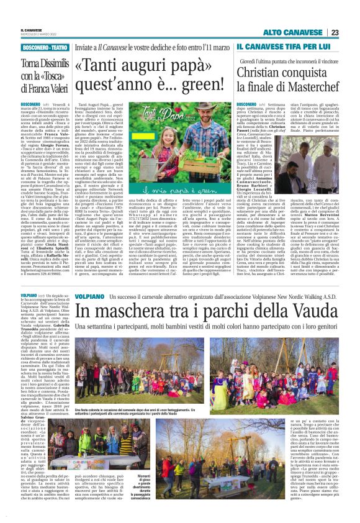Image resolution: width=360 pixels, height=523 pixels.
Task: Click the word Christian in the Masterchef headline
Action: tap(262, 71)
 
